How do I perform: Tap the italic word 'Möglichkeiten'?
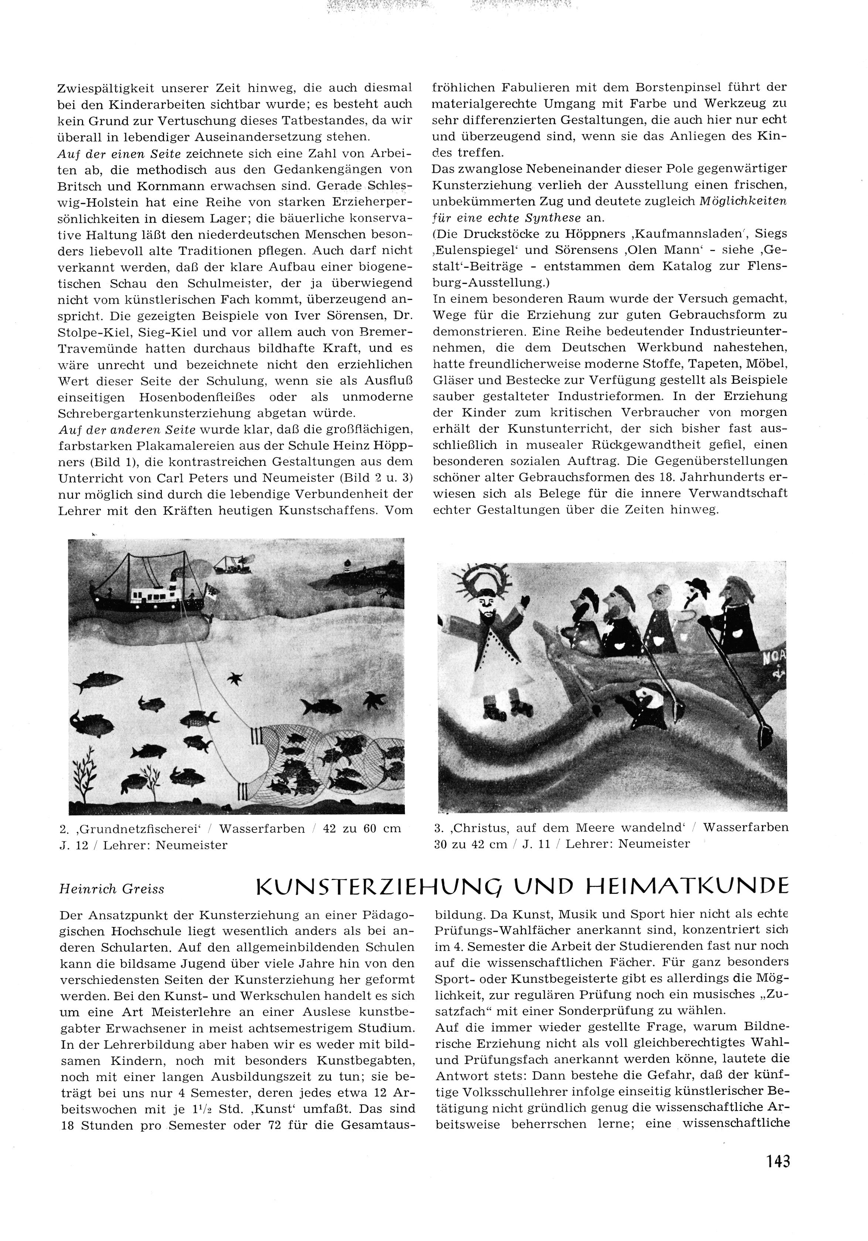pyautogui.click(x=743, y=201)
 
